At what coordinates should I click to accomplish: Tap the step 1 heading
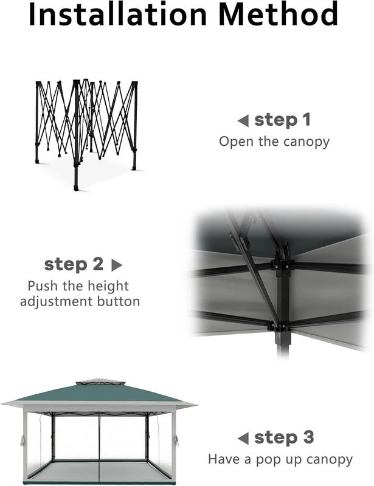[282, 120]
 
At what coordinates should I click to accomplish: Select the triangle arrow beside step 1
[243, 121]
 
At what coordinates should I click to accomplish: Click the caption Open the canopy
[274, 142]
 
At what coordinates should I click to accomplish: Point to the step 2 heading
[74, 264]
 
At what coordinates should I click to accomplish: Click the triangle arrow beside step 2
[117, 265]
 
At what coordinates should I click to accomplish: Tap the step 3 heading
[283, 437]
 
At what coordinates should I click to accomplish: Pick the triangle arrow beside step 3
[243, 438]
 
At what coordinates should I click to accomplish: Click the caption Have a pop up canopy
[280, 459]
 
